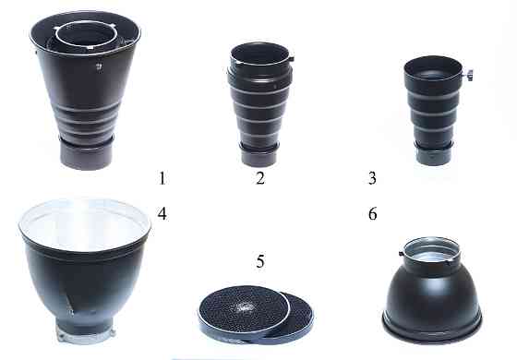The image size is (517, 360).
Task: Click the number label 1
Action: [162, 178]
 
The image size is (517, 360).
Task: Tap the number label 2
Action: [260, 178]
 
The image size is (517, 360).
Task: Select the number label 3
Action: [372, 178]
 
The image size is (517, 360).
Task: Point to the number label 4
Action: [162, 213]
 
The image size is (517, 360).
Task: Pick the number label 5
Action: [260, 260]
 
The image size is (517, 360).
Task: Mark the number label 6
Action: [372, 213]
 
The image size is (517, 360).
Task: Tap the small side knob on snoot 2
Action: [291, 59]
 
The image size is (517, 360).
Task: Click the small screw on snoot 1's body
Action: [99, 66]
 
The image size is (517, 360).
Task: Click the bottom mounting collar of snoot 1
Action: [87, 154]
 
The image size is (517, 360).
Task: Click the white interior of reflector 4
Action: [85, 223]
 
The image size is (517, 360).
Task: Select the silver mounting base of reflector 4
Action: [86, 334]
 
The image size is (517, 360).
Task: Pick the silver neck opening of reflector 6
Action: [432, 251]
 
